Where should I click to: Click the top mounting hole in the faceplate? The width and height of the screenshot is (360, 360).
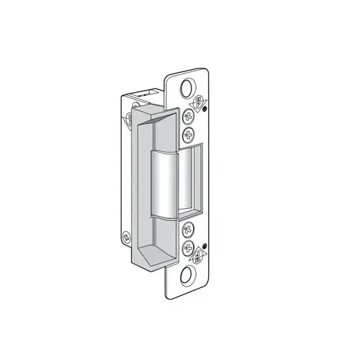(187, 88)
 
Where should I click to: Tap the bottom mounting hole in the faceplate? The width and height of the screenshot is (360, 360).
(188, 274)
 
